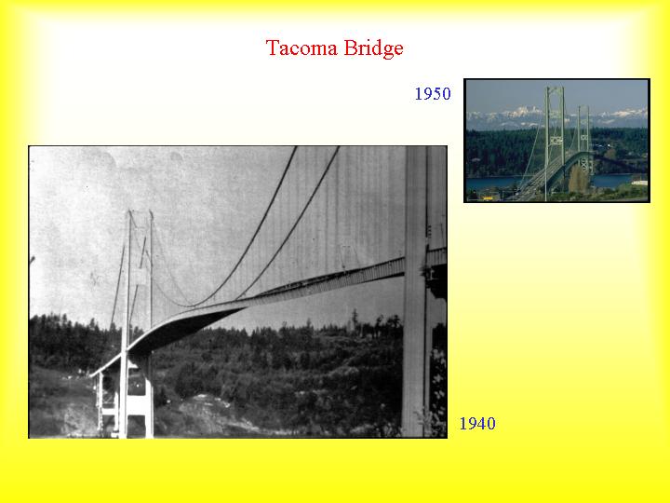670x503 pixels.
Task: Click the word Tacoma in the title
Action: click(301, 48)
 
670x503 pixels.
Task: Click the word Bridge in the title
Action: click(373, 48)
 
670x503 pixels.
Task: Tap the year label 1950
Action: click(433, 94)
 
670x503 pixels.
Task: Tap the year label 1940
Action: click(477, 424)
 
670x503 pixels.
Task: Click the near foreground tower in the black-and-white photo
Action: click(418, 291)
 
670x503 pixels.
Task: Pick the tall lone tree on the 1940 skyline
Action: click(355, 319)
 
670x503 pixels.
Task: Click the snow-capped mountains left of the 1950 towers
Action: click(504, 115)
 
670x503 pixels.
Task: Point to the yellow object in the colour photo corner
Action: click(487, 197)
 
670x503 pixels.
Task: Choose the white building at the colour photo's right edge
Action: click(639, 183)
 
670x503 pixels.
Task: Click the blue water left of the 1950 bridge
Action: click(491, 184)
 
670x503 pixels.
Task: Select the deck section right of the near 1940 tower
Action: click(436, 257)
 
